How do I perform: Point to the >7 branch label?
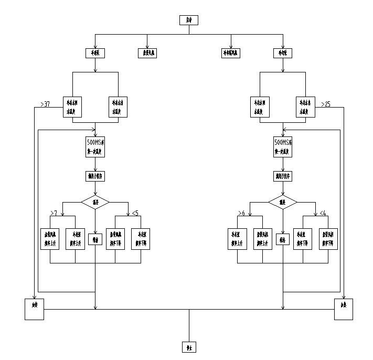tap(53, 213)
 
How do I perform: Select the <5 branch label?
tap(135, 213)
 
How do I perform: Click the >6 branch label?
tap(241, 213)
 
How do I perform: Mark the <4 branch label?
tap(323, 213)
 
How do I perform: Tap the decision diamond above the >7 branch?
tap(95, 202)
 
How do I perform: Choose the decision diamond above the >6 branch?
tap(283, 202)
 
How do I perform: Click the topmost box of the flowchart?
tap(189, 20)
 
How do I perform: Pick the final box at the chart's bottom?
tap(189, 347)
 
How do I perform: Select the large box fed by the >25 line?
tap(344, 309)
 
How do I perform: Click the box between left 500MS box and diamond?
tap(95, 176)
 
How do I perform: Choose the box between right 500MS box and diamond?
tap(283, 176)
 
